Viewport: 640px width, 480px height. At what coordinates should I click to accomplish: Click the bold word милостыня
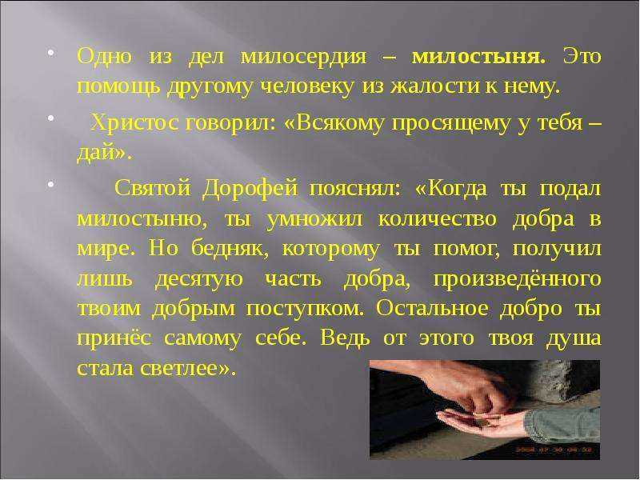tap(478, 57)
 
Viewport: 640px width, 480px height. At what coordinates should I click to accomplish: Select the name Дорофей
tap(250, 190)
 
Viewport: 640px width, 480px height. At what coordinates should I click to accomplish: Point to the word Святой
tap(152, 189)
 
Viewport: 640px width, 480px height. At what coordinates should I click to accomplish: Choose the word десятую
tap(198, 279)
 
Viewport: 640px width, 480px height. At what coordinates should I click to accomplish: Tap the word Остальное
tap(432, 308)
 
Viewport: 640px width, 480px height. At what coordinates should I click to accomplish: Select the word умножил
tap(314, 219)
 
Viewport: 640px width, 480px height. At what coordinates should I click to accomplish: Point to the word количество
tap(438, 219)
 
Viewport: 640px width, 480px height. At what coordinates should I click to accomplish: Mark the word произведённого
tap(517, 279)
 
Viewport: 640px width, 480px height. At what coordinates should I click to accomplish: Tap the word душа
tap(574, 338)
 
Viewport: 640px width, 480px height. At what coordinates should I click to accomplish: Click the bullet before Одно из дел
tap(50, 53)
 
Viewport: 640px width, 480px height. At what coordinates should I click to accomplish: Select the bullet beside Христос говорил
tap(50, 118)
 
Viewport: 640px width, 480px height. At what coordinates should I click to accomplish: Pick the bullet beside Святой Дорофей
tap(50, 185)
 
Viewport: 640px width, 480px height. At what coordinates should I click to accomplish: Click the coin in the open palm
tap(484, 422)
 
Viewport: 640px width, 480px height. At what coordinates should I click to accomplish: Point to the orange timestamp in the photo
tap(553, 450)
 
